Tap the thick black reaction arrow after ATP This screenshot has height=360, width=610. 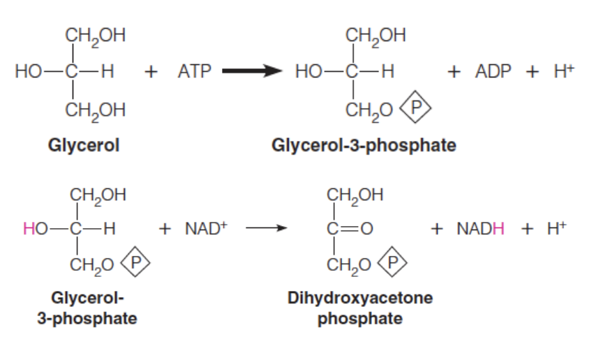click(x=251, y=70)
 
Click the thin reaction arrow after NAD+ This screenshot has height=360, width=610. click(x=265, y=227)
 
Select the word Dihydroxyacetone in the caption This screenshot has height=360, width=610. click(x=360, y=298)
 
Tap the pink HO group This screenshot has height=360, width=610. click(x=34, y=227)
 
